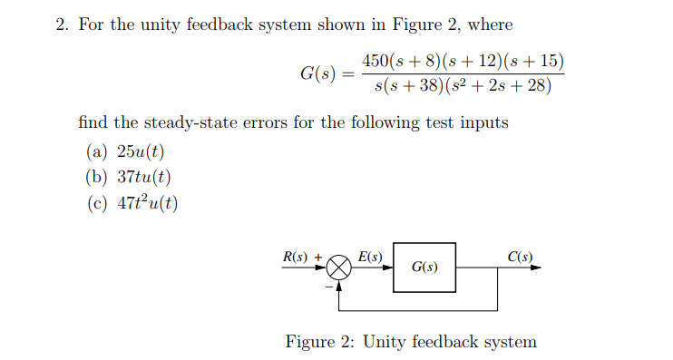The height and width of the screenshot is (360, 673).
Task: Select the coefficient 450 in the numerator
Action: click(374, 62)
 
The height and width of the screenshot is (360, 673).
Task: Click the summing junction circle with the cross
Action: click(339, 268)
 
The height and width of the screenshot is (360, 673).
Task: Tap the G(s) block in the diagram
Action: click(424, 268)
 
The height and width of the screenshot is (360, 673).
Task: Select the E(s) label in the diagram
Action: click(370, 257)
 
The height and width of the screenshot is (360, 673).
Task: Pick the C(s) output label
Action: click(520, 257)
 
